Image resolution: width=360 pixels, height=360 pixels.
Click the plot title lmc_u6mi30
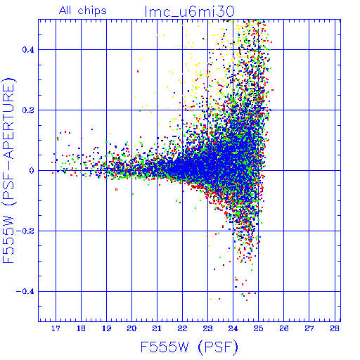tap(189, 12)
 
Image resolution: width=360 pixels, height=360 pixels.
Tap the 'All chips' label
tap(83, 11)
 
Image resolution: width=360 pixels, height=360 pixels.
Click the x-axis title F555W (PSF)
tap(189, 347)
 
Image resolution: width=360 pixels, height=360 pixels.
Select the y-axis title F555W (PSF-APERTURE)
tap(8, 170)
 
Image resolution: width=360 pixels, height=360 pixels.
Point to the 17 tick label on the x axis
tap(56, 328)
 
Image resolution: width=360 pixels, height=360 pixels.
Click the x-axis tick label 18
tap(81, 328)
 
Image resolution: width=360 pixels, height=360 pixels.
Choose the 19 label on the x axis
tap(106, 328)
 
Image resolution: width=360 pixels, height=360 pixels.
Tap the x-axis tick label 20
tap(131, 328)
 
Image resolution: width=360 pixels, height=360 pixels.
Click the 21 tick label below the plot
tap(157, 328)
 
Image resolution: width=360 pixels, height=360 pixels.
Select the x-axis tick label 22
tap(182, 328)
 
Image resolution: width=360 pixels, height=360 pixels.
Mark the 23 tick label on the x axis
tap(207, 328)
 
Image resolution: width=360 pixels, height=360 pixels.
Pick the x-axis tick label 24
tap(233, 328)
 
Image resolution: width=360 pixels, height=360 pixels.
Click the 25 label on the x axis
tap(258, 328)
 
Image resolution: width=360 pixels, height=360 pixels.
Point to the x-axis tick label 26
tap(284, 328)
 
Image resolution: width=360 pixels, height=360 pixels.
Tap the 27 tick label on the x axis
tap(309, 328)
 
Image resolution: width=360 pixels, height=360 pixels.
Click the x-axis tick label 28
tap(335, 328)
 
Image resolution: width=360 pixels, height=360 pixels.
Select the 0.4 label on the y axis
tap(28, 50)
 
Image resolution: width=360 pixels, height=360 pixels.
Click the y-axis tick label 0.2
tap(28, 110)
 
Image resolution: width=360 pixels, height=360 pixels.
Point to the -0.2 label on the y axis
tap(25, 231)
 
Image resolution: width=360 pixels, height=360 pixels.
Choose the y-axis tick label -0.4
tap(25, 292)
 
